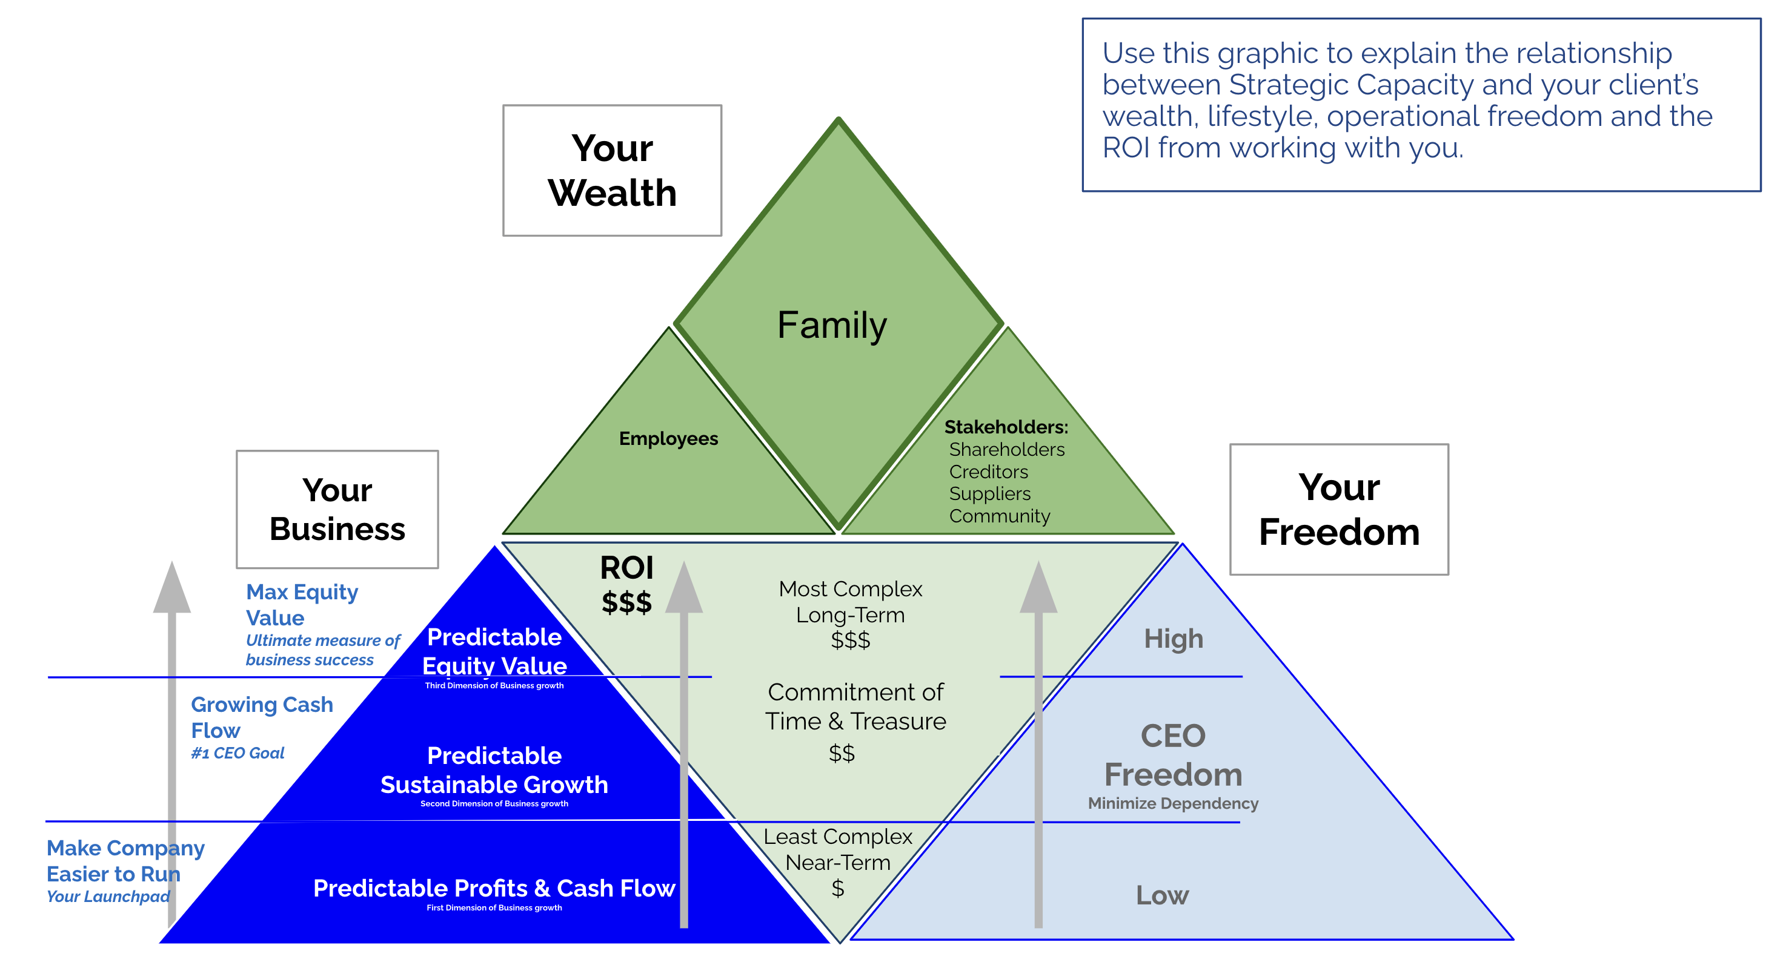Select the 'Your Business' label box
pyautogui.click(x=337, y=510)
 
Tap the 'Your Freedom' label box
pyautogui.click(x=1338, y=510)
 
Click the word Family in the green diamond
pyautogui.click(x=832, y=324)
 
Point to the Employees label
pyautogui.click(x=668, y=438)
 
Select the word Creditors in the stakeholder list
pyautogui.click(x=988, y=472)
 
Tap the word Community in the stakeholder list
pyautogui.click(x=999, y=516)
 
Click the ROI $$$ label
pyautogui.click(x=626, y=585)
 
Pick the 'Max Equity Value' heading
pyautogui.click(x=302, y=604)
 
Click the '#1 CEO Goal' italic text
pyautogui.click(x=237, y=752)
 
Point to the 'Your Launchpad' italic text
pyautogui.click(x=108, y=897)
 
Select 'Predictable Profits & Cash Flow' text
pyautogui.click(x=494, y=887)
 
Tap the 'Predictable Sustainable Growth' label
pyautogui.click(x=494, y=770)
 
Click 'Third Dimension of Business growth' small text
pyautogui.click(x=494, y=686)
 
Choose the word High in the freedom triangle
pyautogui.click(x=1174, y=639)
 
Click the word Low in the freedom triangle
pyautogui.click(x=1162, y=896)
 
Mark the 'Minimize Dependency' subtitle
pyautogui.click(x=1172, y=803)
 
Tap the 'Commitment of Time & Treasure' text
pyautogui.click(x=855, y=706)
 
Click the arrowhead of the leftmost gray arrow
pyautogui.click(x=172, y=589)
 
